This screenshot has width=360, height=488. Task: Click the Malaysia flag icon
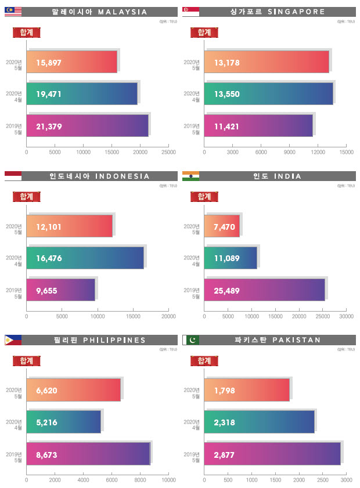(13, 12)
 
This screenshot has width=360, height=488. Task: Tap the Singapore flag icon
(190, 12)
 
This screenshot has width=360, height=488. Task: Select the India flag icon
(190, 176)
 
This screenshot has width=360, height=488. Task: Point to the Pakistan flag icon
(190, 340)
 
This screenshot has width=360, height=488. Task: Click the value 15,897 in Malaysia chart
(49, 62)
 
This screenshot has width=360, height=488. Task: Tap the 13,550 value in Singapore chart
(227, 94)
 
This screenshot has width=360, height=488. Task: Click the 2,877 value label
(225, 454)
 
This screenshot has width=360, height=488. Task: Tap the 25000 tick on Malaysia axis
(168, 152)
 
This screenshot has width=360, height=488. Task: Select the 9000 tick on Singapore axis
(289, 152)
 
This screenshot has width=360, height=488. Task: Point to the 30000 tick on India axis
(346, 317)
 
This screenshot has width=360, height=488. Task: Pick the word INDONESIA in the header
(122, 176)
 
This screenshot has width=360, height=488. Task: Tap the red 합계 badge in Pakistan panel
(204, 360)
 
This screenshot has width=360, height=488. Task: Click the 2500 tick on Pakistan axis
(323, 480)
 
